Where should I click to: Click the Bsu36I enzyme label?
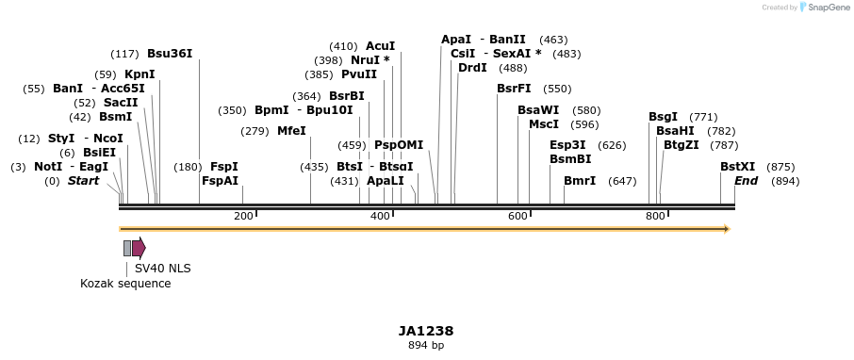(170, 54)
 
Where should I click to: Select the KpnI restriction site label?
(140, 74)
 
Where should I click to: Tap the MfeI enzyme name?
(291, 131)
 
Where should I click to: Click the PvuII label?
(358, 74)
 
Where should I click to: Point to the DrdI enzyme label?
(472, 68)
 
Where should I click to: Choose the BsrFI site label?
(514, 89)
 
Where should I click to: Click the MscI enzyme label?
(544, 124)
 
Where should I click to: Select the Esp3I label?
(567, 145)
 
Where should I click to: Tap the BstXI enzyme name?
(737, 167)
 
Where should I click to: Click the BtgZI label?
(681, 145)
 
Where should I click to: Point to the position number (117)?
(124, 54)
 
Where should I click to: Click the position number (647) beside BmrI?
(622, 181)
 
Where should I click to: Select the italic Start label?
(83, 181)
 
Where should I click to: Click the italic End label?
(746, 181)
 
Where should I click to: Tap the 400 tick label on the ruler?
(380, 216)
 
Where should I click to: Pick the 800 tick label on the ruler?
(654, 216)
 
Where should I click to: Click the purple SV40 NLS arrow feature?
(139, 248)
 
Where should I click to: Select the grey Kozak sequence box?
(127, 248)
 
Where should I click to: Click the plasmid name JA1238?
(426, 331)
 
